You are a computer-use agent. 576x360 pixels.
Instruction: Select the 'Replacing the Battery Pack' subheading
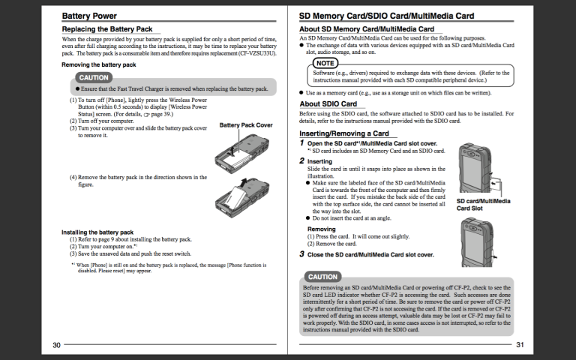pyautogui.click(x=106, y=28)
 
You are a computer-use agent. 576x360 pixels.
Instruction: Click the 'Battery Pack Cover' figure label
pyautogui.click(x=245, y=125)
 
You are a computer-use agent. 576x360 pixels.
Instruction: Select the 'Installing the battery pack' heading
pyautogui.click(x=97, y=232)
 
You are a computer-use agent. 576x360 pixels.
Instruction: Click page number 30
pyautogui.click(x=56, y=345)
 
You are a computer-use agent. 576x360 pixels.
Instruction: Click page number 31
pyautogui.click(x=519, y=345)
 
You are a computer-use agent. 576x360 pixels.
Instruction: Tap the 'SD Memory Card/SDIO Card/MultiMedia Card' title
pyautogui.click(x=386, y=15)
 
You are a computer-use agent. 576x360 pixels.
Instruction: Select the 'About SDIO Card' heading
pyautogui.click(x=328, y=103)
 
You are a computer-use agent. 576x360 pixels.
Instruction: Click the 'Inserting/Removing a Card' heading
pyautogui.click(x=343, y=133)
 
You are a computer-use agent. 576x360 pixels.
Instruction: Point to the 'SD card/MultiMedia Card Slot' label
pyautogui.click(x=483, y=204)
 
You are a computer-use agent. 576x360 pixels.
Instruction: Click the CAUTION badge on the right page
pyautogui.click(x=323, y=277)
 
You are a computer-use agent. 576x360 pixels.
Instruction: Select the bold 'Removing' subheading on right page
pyautogui.click(x=321, y=229)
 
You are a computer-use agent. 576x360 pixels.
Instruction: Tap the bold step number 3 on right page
pyautogui.click(x=301, y=254)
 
